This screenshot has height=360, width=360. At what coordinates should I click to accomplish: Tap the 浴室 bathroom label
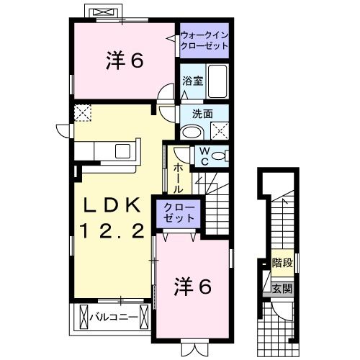click(190, 81)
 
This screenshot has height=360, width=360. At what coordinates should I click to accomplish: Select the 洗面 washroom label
click(202, 113)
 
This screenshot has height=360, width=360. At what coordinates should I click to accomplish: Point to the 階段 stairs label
click(282, 264)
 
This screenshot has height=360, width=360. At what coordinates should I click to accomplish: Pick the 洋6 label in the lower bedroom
click(192, 287)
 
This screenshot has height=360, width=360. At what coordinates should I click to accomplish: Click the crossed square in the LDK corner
click(82, 112)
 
